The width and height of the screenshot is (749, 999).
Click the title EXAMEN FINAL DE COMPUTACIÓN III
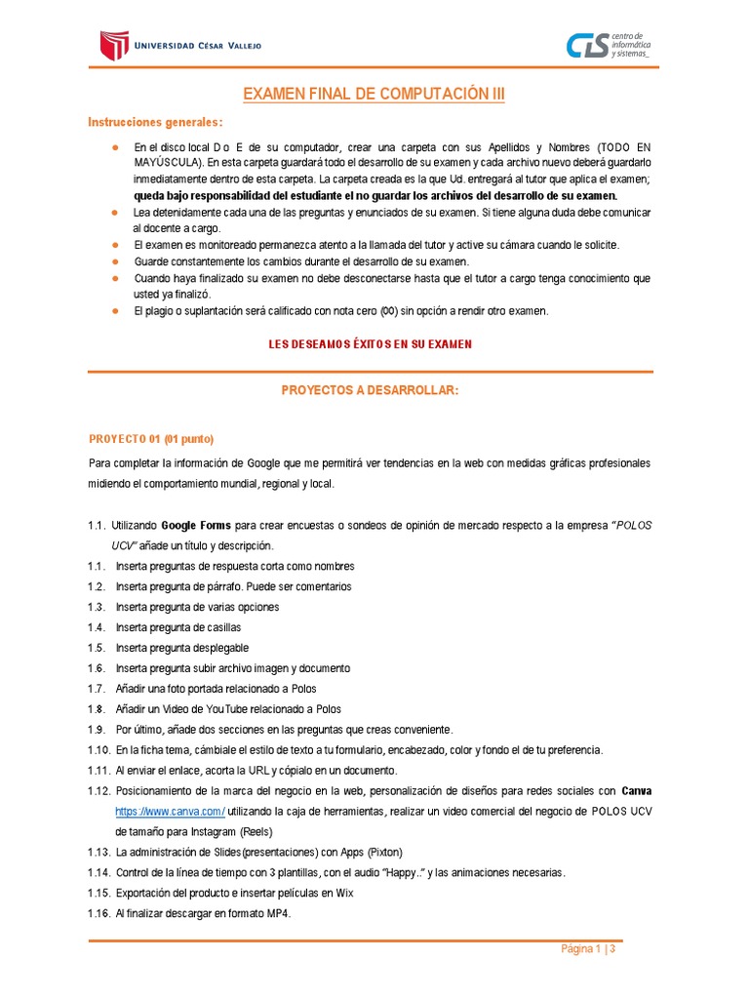374,95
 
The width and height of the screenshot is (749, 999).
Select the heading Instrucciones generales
155,122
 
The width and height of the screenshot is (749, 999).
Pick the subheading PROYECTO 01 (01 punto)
150,438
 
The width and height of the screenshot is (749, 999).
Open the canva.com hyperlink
170,811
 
